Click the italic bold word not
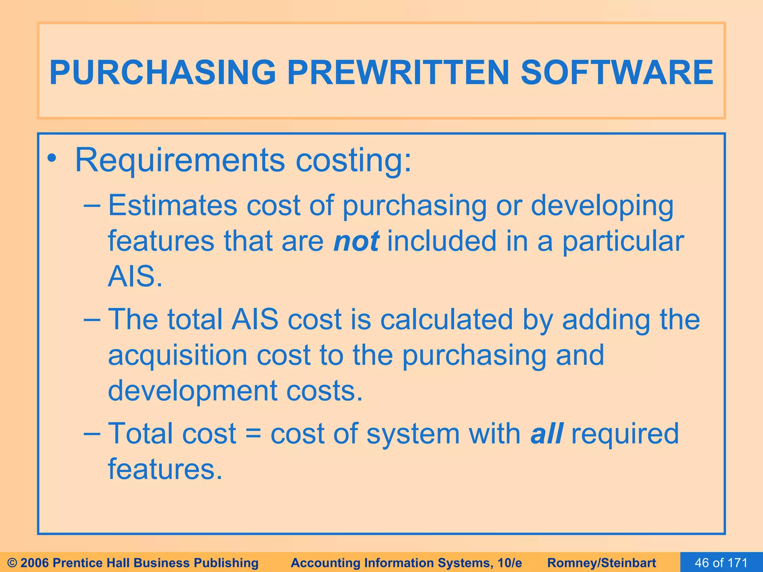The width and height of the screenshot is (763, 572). pyautogui.click(x=356, y=241)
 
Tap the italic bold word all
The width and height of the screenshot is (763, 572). pyautogui.click(x=547, y=434)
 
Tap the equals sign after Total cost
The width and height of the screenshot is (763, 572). pyautogui.click(x=253, y=434)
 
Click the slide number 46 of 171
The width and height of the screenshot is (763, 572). pyautogui.click(x=721, y=562)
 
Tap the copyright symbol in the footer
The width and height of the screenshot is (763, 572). pyautogui.click(x=12, y=563)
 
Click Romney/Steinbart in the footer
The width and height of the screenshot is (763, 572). pyautogui.click(x=602, y=563)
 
